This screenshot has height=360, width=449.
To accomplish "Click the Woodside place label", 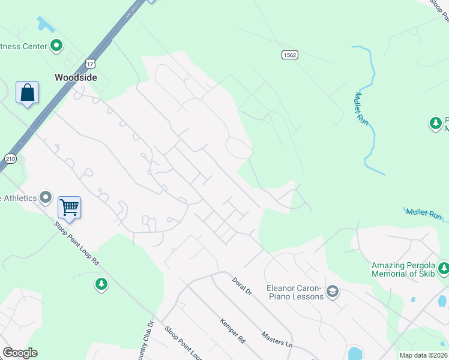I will tap(76, 77).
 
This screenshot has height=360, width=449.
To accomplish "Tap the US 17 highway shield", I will tap(90, 62).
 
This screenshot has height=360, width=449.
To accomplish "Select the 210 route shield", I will tap(10, 158).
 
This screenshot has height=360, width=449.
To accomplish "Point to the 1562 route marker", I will tap(290, 55).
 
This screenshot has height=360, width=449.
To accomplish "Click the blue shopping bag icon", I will tap(27, 93).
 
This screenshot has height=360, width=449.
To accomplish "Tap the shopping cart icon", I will tap(69, 208).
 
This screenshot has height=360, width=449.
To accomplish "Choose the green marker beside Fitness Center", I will tap(56, 45).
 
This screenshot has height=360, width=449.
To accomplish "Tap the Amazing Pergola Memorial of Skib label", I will tap(402, 269).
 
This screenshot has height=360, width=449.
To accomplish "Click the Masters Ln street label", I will tap(276, 340).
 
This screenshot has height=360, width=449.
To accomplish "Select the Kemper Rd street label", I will tap(234, 331).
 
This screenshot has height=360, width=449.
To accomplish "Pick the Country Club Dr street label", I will tap(145, 343).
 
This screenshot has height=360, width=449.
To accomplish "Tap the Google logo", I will tap(20, 353).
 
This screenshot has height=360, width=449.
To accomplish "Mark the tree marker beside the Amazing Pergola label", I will tap(443, 268).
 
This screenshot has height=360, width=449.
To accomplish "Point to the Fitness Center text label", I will tap(24, 46).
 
